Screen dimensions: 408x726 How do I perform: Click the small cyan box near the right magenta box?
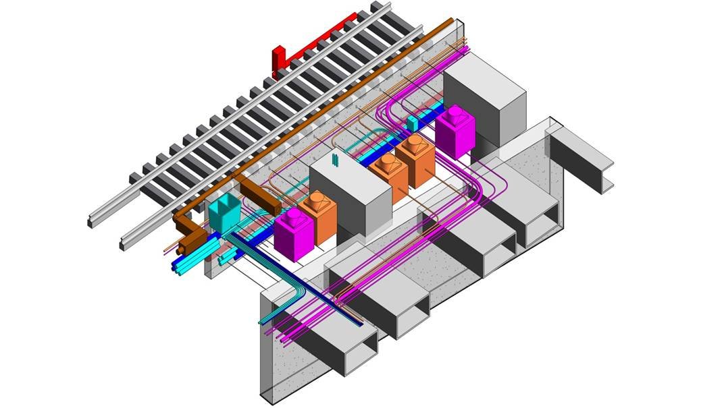point(413,122)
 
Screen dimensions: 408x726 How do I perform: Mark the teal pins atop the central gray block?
point(335,159)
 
